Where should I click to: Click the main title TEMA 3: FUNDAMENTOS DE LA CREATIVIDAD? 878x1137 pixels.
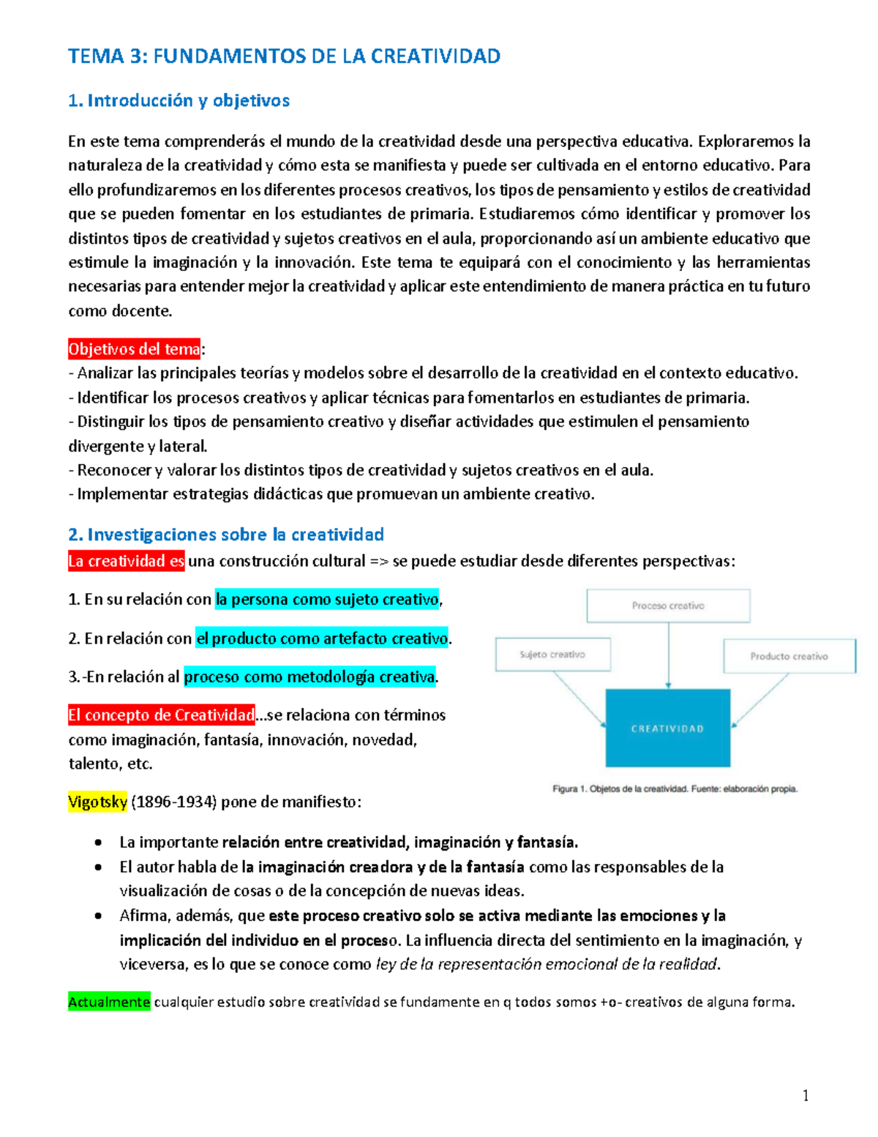point(284,56)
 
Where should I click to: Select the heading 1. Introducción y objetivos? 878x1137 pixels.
point(179,100)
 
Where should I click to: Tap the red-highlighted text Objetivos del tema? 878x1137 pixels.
point(134,349)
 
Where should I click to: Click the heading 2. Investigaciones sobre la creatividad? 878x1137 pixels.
point(225,534)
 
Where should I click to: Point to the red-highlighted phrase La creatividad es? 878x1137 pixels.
point(126,562)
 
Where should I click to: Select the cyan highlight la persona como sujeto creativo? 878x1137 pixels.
point(326,600)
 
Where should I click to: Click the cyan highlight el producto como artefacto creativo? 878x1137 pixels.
point(322,638)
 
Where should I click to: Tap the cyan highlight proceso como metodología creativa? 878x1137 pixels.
point(309,677)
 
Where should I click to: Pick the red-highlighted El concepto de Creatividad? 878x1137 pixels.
point(161,715)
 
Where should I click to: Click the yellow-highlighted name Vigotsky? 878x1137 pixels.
point(97,802)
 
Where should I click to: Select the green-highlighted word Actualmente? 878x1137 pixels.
point(109,1002)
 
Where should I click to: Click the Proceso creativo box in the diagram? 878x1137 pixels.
point(668,606)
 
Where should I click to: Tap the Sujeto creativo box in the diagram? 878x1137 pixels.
point(552,655)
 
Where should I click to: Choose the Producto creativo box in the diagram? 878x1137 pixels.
point(789,656)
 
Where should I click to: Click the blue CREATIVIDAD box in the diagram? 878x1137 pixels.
point(667,728)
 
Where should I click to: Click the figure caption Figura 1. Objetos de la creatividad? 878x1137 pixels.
point(674,789)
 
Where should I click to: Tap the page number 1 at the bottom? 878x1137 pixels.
point(806,1096)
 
